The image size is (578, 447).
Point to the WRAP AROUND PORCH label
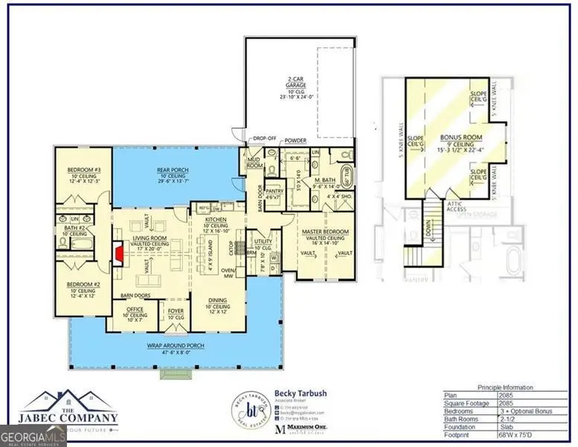[x=175, y=346]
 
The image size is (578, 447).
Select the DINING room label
[x=219, y=300]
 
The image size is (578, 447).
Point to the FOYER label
[x=175, y=312]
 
